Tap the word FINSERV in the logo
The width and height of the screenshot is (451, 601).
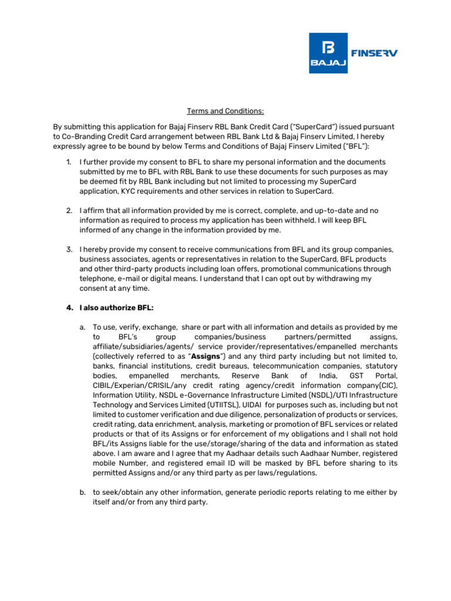(374, 53)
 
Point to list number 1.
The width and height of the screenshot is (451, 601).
(69, 161)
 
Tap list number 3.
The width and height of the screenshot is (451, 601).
(69, 249)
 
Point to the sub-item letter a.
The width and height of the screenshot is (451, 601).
(82, 326)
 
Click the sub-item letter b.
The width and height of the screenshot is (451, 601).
(82, 492)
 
